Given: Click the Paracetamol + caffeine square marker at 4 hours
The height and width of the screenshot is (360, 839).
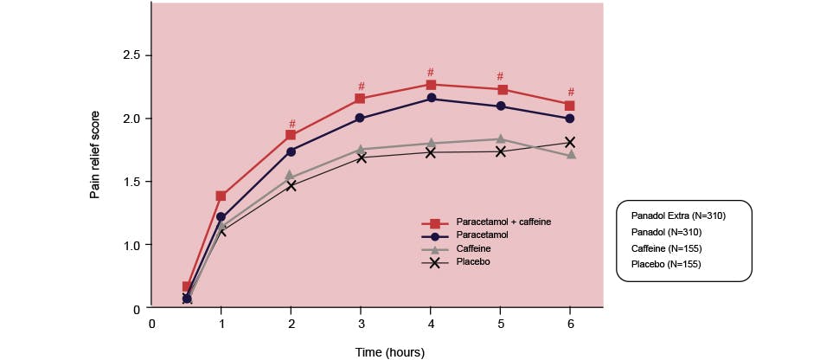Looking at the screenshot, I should pyautogui.click(x=431, y=85).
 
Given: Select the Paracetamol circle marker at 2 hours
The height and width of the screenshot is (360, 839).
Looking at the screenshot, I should pyautogui.click(x=291, y=151).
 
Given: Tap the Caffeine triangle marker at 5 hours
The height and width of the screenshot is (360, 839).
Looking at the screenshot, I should pyautogui.click(x=501, y=138).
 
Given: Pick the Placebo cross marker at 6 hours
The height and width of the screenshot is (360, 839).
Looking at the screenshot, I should pyautogui.click(x=571, y=142).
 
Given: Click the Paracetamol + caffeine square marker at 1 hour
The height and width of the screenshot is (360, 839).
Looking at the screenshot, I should pyautogui.click(x=221, y=196).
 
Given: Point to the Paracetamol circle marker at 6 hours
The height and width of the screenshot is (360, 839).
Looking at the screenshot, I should pyautogui.click(x=571, y=119).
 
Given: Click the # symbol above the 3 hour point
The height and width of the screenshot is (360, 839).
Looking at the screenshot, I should pyautogui.click(x=362, y=87).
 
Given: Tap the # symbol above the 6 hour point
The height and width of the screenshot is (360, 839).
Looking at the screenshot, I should pyautogui.click(x=571, y=93).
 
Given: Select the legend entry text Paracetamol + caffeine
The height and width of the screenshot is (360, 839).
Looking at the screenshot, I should pyautogui.click(x=503, y=222).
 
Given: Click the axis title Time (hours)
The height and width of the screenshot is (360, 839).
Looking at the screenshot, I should pyautogui.click(x=390, y=352).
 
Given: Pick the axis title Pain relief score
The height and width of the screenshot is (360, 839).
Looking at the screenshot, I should pyautogui.click(x=95, y=155).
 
